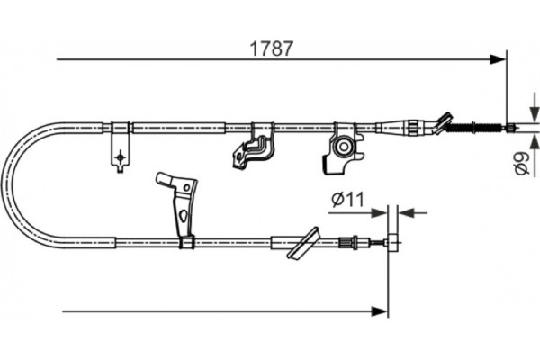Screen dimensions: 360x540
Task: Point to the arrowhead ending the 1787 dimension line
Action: pos(498,60)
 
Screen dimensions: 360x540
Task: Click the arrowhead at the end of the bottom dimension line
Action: pos(379,311)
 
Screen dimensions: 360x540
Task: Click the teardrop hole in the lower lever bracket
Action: pos(183,216)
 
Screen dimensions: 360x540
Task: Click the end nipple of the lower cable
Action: pos(392,240)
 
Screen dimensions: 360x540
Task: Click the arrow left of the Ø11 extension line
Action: pos(379,212)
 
